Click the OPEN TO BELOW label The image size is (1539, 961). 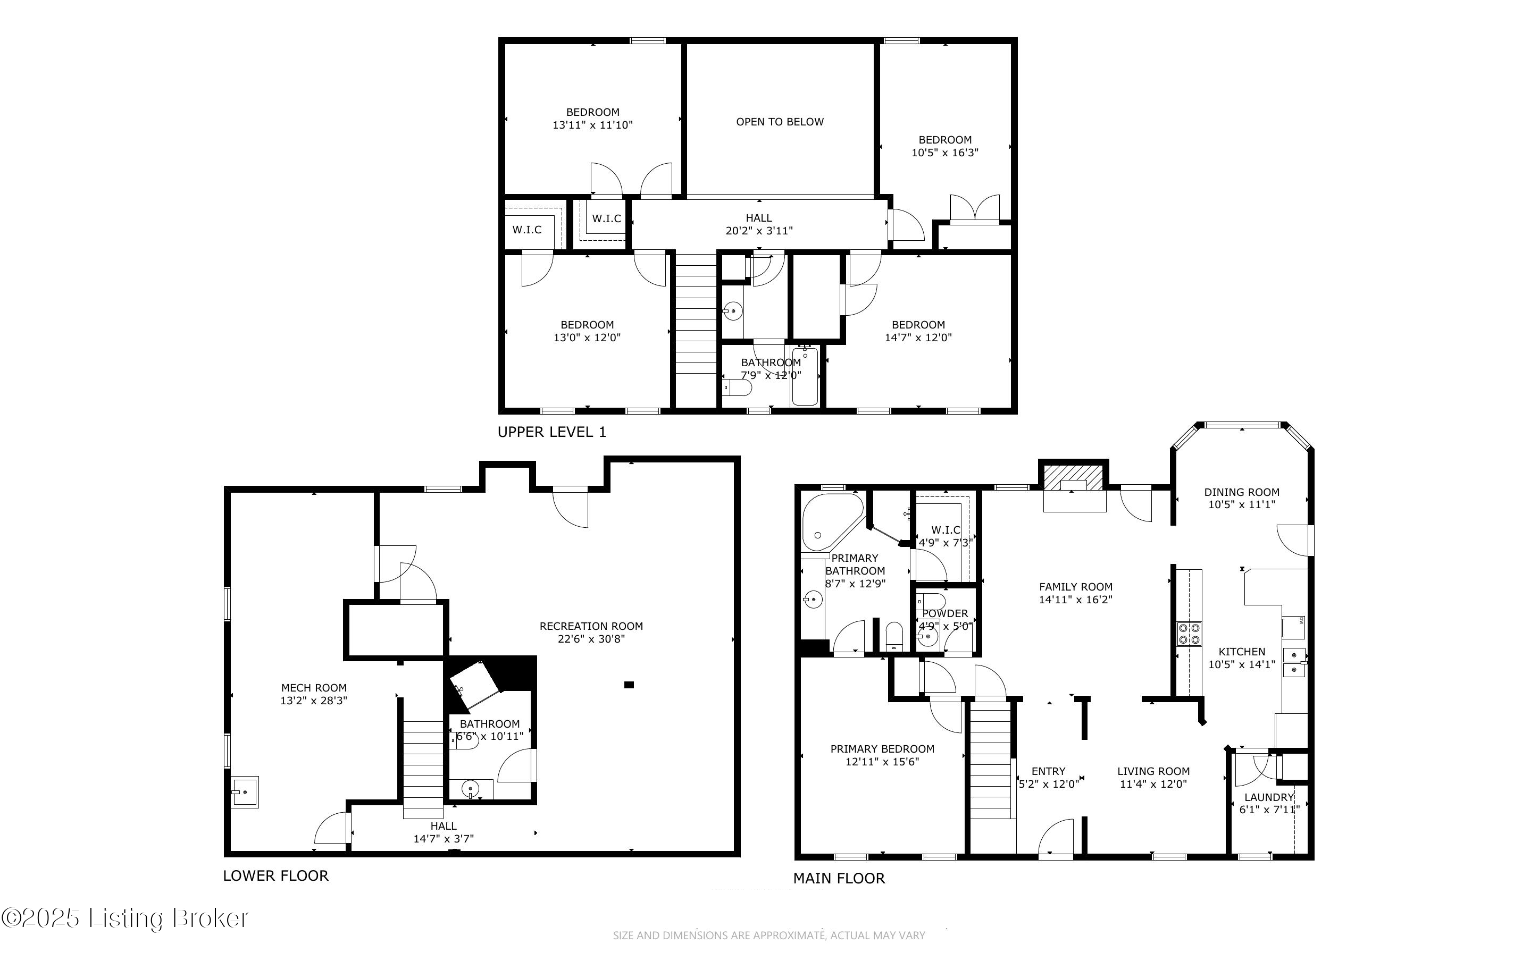(x=780, y=122)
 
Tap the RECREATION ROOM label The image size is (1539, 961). (x=591, y=626)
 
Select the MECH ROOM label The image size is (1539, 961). (x=314, y=688)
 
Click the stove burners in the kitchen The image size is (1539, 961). (x=1190, y=633)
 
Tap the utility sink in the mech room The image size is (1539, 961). (x=245, y=792)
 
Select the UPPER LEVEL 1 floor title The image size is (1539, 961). (x=552, y=432)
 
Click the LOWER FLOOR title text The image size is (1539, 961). (x=276, y=876)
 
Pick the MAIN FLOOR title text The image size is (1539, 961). (x=839, y=879)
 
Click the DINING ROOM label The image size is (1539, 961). (x=1242, y=492)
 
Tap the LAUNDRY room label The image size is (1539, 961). (x=1269, y=797)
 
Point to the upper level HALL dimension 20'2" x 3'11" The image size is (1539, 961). (x=759, y=231)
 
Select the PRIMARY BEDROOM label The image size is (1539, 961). (x=882, y=749)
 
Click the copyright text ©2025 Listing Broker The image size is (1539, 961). (x=125, y=918)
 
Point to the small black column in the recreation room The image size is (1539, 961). (x=629, y=685)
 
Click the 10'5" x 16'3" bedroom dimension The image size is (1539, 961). (x=944, y=153)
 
